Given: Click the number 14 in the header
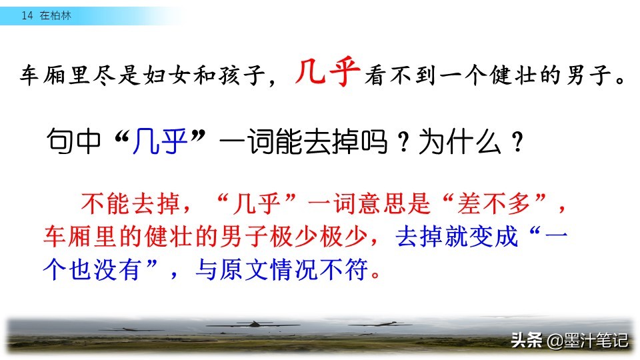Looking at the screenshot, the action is point(27,15).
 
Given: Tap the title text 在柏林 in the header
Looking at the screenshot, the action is point(55,15).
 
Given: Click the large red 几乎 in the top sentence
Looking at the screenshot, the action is point(327,72).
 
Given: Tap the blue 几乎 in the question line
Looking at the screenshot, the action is point(160,141).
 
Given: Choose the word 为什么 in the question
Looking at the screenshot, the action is point(460,141).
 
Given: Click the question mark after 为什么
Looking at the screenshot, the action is point(517,142).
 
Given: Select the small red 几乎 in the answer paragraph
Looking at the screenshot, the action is point(256,204).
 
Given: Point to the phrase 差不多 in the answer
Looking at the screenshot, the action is point(493,204).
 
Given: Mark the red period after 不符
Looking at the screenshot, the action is point(376,275).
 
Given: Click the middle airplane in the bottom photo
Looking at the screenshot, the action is point(254,325).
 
